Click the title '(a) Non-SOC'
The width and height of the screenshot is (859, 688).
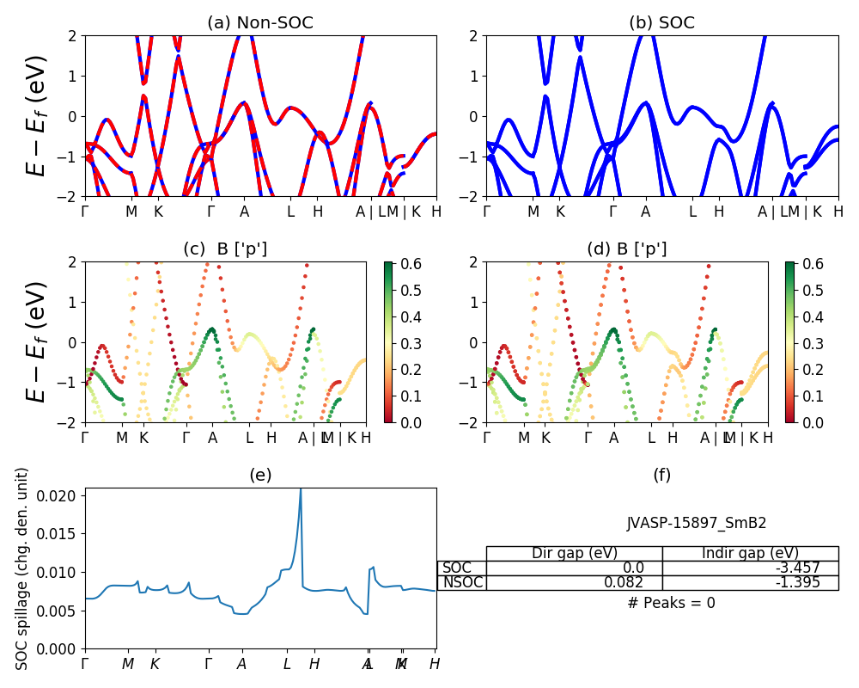coord(260,23)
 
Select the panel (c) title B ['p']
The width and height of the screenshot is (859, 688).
coord(225,249)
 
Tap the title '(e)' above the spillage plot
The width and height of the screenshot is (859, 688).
coord(260,475)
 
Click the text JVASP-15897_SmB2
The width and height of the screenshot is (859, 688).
coord(697,523)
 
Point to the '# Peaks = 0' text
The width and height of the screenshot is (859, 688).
coord(671,603)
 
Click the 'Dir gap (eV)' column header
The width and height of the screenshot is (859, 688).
coord(575,553)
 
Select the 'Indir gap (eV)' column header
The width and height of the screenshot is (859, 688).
coord(750,553)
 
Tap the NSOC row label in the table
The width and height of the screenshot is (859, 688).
coord(462,582)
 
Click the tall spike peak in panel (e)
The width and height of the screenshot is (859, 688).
coord(300,490)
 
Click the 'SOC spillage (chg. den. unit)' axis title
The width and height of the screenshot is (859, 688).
coord(23,568)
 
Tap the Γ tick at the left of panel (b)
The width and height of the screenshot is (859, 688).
coord(486,212)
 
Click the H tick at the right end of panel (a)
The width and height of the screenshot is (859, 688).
coord(436,212)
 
